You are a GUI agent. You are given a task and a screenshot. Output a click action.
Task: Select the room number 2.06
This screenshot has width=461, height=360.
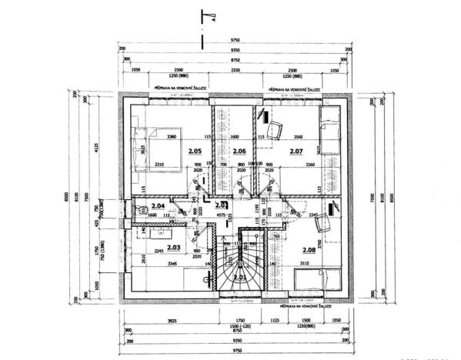tap(239, 152)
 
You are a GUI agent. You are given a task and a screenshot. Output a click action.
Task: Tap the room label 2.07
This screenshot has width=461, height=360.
tap(296, 152)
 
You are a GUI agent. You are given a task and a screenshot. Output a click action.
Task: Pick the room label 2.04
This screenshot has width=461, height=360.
tap(158, 206)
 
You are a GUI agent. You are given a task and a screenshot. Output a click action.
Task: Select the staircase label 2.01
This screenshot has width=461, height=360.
tap(239, 276)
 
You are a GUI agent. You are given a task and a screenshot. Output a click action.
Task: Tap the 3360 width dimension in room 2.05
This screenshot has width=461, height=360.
tap(171, 137)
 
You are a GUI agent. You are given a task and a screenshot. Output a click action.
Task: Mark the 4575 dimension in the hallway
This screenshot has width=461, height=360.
tap(221, 216)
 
